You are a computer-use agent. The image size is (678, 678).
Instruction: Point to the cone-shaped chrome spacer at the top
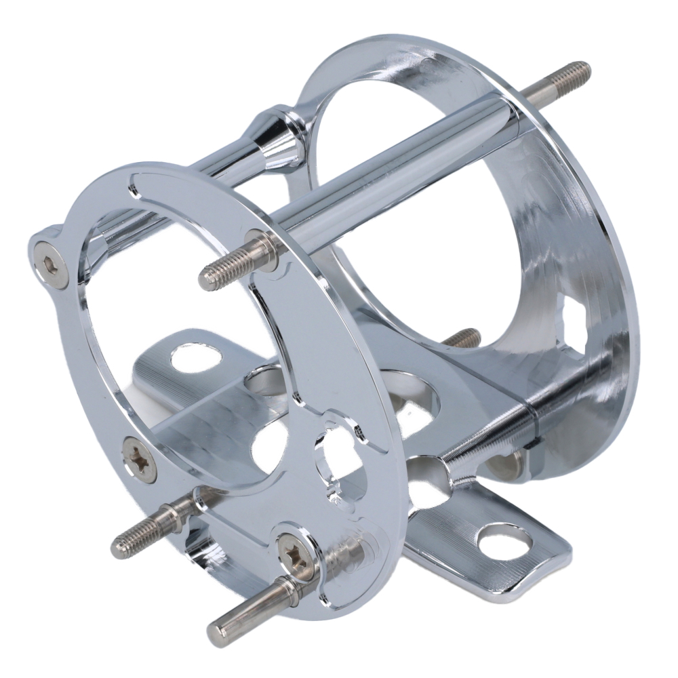[278, 138]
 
